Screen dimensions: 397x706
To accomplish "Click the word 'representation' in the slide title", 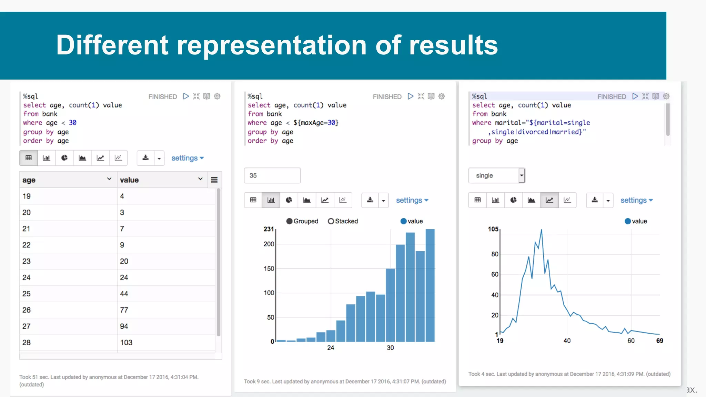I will pyautogui.click(x=272, y=45).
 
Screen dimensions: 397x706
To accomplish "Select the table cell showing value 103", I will pyautogui.click(x=126, y=343).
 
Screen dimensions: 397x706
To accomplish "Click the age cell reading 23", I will pyautogui.click(x=27, y=261).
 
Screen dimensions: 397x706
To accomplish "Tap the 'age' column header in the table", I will pyautogui.click(x=29, y=180).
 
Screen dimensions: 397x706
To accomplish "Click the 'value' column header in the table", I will pyautogui.click(x=129, y=180).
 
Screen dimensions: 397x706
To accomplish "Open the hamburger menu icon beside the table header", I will pyautogui.click(x=214, y=180).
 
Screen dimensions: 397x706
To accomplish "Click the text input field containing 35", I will pyautogui.click(x=272, y=175).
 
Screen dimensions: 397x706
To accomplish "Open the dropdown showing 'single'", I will pyautogui.click(x=496, y=175).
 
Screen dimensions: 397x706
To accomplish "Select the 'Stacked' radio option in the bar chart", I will pyautogui.click(x=331, y=221).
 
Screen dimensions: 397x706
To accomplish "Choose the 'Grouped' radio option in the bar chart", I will pyautogui.click(x=290, y=221).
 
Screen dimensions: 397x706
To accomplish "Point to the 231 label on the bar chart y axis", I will pyautogui.click(x=269, y=229).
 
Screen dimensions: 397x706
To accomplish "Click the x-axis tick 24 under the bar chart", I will pyautogui.click(x=331, y=348).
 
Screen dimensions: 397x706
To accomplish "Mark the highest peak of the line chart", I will pyautogui.click(x=541, y=230).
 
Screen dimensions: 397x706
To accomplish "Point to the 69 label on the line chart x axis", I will pyautogui.click(x=659, y=341).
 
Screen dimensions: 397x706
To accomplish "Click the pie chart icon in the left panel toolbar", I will pyautogui.click(x=64, y=158).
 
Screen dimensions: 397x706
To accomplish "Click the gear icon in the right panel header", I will pyautogui.click(x=666, y=96).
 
